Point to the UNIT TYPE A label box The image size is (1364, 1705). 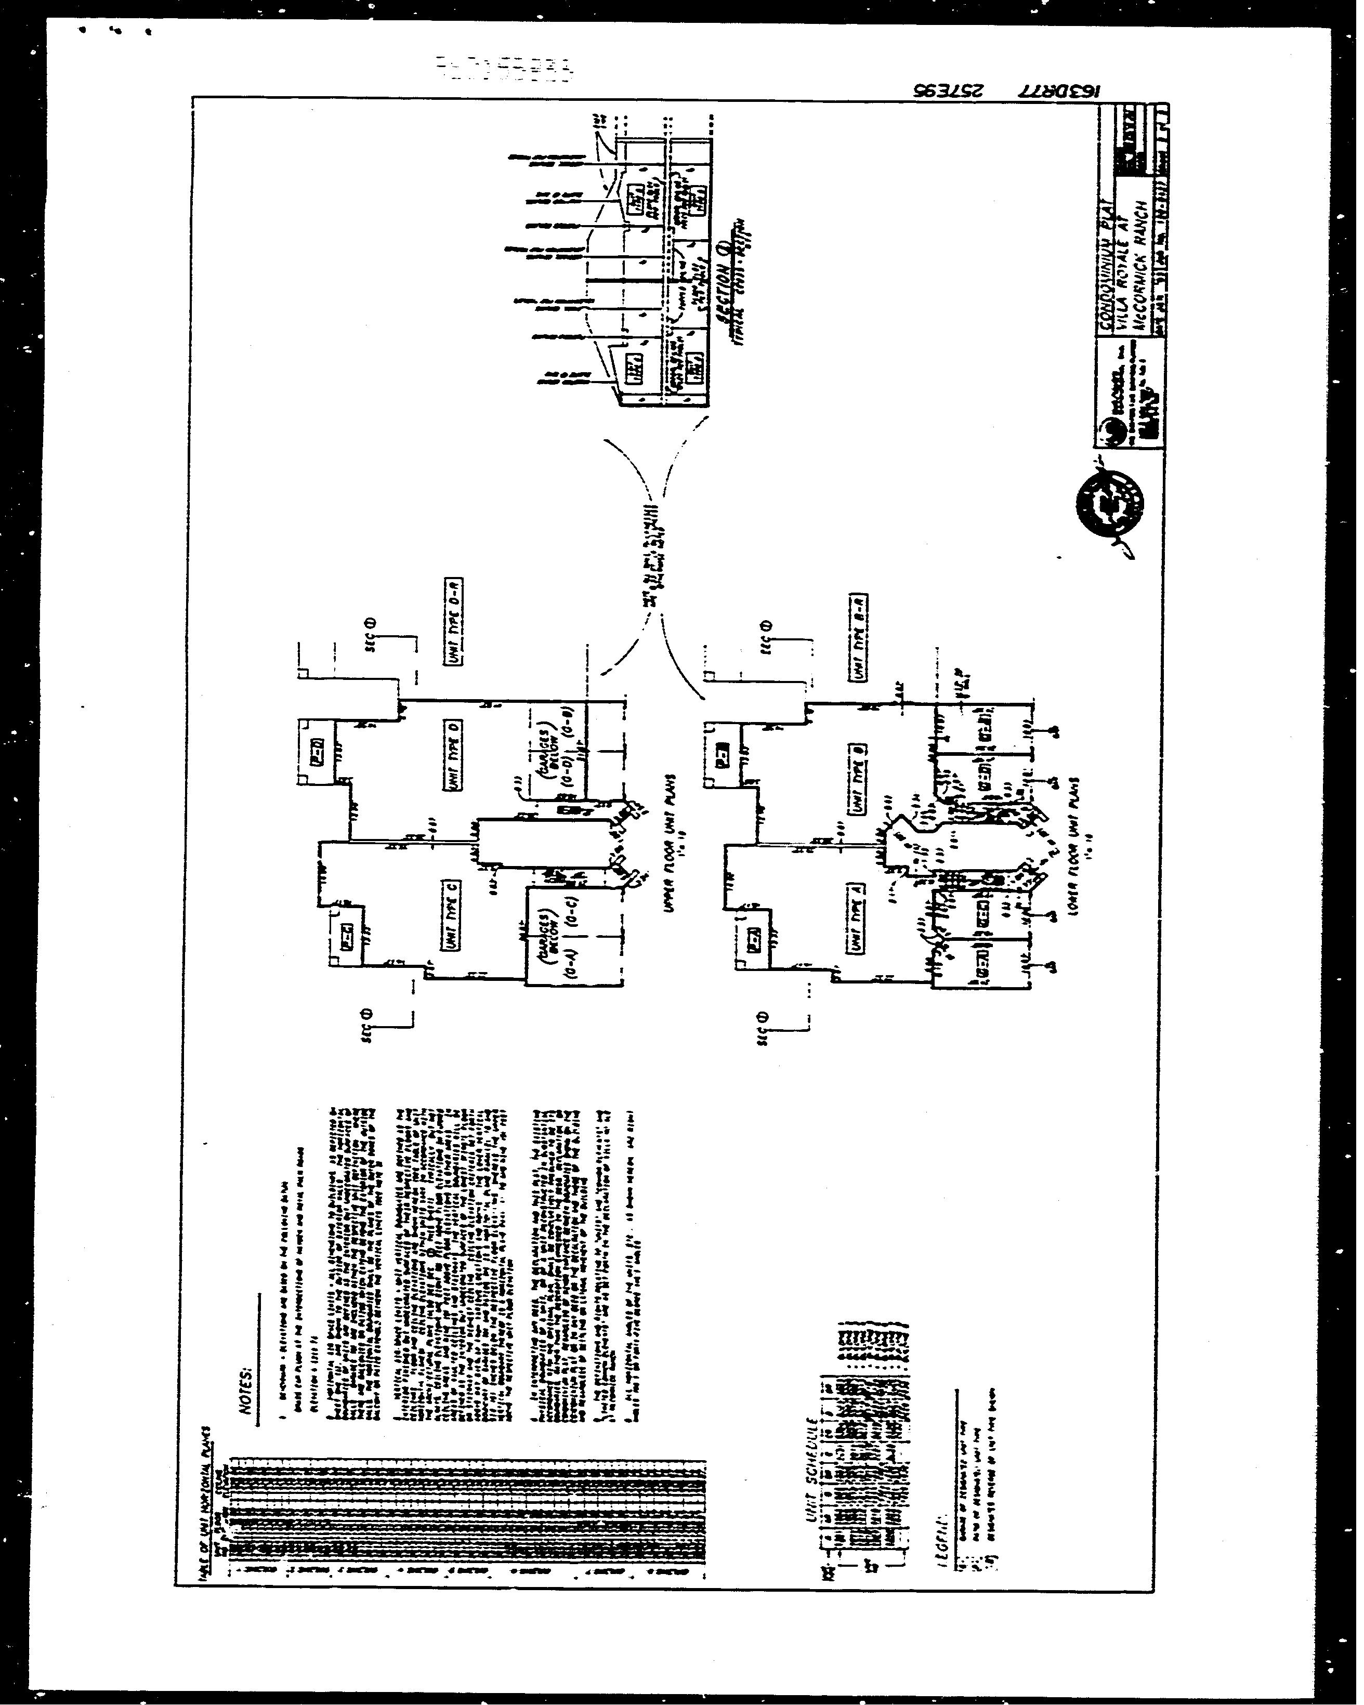[x=857, y=918]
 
